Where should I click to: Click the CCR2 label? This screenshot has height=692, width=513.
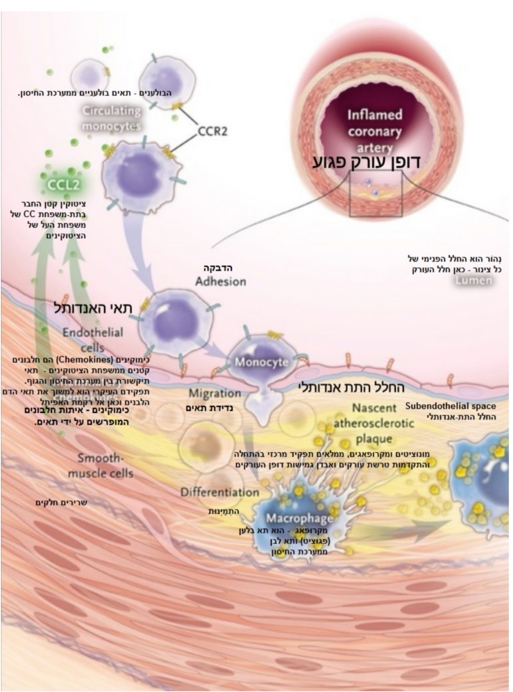point(212,131)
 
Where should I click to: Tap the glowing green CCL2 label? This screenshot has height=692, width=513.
point(64,184)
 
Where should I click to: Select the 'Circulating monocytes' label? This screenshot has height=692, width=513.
point(112,118)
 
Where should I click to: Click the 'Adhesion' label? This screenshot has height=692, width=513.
point(220,281)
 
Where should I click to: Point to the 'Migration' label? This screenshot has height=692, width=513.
point(215,393)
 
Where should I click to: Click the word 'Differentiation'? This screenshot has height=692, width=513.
point(220,492)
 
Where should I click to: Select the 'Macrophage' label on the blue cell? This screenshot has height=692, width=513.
point(299,518)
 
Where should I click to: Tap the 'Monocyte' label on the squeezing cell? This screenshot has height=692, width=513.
point(262,362)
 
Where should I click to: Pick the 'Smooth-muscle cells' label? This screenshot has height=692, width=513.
point(100,465)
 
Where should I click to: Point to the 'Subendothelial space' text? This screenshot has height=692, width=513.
point(450,406)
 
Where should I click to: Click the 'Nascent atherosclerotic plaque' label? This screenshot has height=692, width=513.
point(374,423)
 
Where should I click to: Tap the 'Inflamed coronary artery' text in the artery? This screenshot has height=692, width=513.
point(374,131)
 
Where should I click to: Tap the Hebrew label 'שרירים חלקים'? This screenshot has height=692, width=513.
point(61,502)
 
